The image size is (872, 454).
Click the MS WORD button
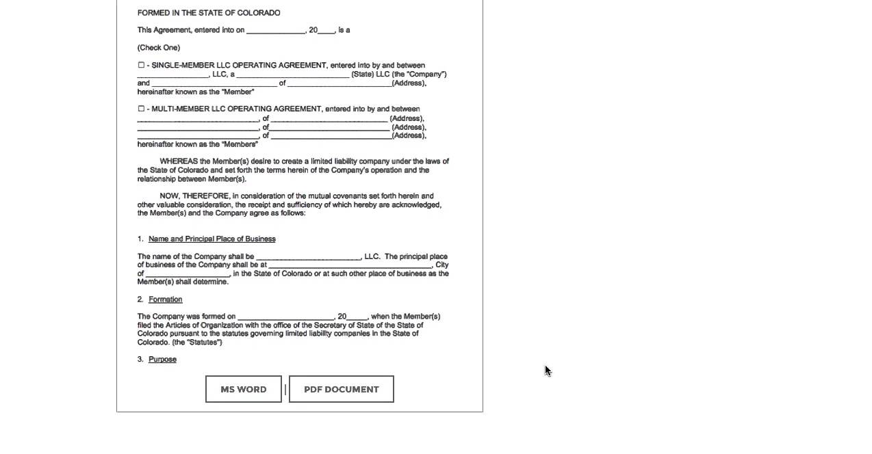[243, 389]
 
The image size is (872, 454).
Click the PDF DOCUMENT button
[341, 389]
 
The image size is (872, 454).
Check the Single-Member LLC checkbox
[141, 65]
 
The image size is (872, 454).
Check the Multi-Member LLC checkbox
[141, 108]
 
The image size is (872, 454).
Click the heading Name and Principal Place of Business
[211, 239]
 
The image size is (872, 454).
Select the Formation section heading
[165, 299]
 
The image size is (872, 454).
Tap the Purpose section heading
[162, 359]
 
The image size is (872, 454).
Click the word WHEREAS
[179, 161]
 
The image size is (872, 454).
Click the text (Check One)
[159, 47]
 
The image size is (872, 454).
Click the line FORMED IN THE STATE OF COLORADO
[209, 13]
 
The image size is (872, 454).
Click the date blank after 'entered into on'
[275, 31]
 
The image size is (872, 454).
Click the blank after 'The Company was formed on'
[285, 317]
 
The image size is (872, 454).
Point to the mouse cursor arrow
[547, 369]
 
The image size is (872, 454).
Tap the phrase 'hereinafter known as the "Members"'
[197, 144]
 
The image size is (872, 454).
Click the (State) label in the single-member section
[362, 74]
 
